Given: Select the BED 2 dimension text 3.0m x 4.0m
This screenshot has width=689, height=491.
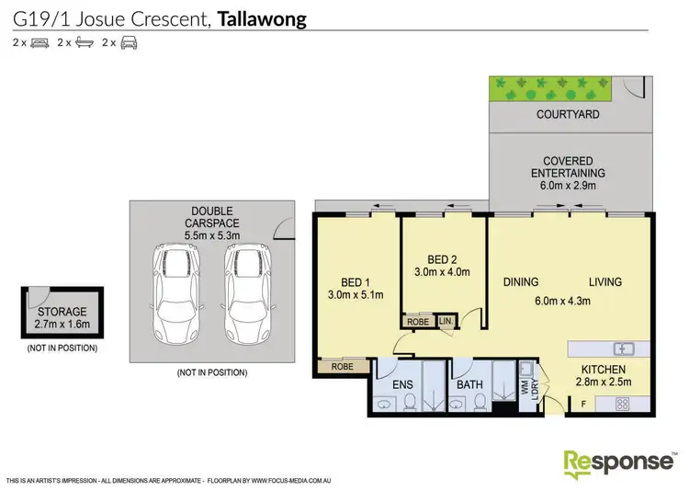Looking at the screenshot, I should [x=443, y=271].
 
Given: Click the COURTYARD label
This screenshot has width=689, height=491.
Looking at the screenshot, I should [x=568, y=115].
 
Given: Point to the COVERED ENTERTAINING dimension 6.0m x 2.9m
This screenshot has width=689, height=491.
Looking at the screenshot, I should [x=568, y=185].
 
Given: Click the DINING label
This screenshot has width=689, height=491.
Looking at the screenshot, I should [x=520, y=282].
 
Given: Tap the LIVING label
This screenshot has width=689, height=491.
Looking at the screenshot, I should [x=605, y=282].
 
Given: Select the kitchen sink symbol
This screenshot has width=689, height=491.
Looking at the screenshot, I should [x=625, y=348].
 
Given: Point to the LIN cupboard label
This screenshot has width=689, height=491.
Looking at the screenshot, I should [x=446, y=321].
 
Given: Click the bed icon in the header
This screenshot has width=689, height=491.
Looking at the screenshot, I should [x=40, y=42].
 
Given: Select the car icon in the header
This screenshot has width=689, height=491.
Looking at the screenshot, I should [x=129, y=42].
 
